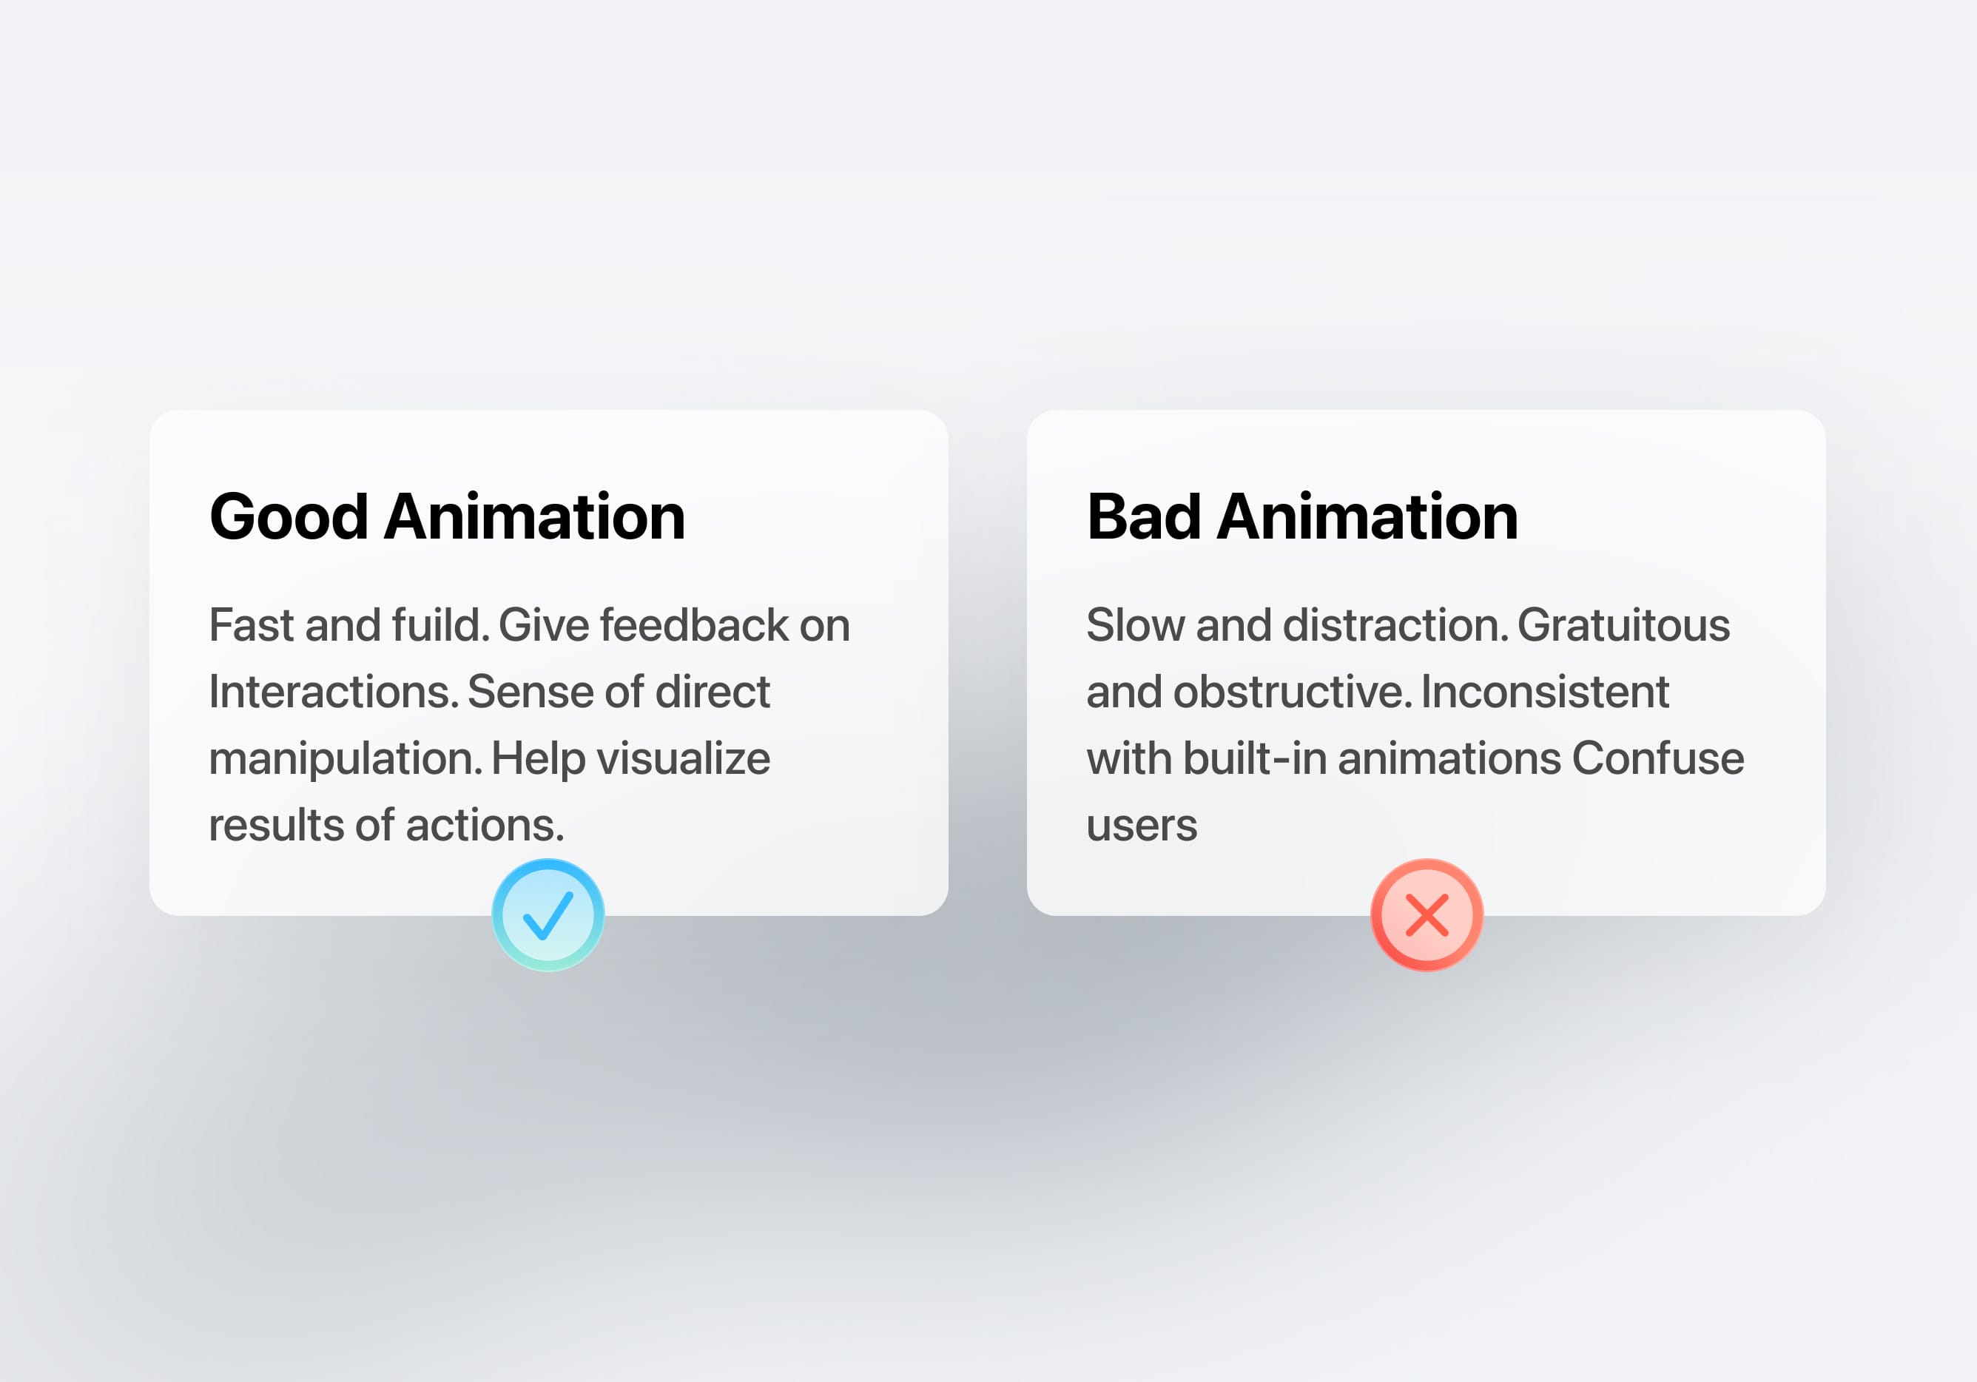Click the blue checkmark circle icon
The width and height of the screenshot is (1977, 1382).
tap(548, 914)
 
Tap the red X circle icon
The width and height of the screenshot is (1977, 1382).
tap(1426, 914)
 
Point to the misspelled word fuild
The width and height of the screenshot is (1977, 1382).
tap(440, 625)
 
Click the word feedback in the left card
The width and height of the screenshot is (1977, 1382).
tap(694, 625)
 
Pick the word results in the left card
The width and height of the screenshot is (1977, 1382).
tap(275, 826)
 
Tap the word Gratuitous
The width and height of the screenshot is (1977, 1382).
tap(1623, 625)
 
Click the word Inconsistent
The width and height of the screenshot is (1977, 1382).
tap(1545, 692)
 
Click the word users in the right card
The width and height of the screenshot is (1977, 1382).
tap(1141, 826)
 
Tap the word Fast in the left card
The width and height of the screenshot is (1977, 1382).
tap(252, 625)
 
